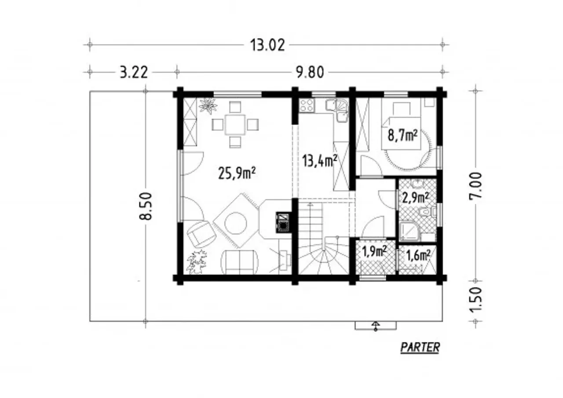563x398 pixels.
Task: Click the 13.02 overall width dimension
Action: click(x=267, y=45)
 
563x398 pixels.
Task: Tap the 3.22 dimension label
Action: click(x=133, y=73)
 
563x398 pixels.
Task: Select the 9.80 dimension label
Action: click(x=310, y=73)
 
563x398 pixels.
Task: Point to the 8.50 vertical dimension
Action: click(x=146, y=206)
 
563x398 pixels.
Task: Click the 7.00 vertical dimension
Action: click(x=475, y=186)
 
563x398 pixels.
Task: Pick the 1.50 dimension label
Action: click(x=475, y=300)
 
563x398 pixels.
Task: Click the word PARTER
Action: click(x=420, y=347)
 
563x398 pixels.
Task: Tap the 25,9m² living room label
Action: click(x=237, y=173)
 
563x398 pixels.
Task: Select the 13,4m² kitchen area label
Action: click(x=319, y=161)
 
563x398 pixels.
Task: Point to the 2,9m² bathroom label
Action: click(x=416, y=198)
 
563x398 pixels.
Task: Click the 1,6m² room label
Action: click(x=418, y=256)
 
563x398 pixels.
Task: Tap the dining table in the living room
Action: click(x=235, y=125)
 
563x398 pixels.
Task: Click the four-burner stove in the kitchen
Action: click(x=307, y=105)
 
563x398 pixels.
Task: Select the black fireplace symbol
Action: click(x=283, y=222)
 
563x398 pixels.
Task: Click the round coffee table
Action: click(x=235, y=223)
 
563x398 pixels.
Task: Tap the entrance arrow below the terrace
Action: click(x=376, y=326)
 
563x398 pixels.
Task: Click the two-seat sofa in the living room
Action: click(x=239, y=262)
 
